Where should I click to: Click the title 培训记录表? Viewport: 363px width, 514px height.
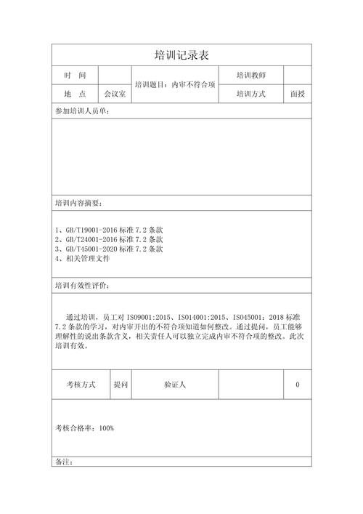click(x=181, y=55)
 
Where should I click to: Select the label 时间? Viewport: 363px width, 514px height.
click(x=75, y=76)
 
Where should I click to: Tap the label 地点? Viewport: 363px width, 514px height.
click(x=75, y=95)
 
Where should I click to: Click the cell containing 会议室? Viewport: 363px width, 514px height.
click(x=115, y=95)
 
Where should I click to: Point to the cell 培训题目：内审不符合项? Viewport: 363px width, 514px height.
click(x=174, y=85)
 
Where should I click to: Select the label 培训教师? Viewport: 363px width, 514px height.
click(x=250, y=76)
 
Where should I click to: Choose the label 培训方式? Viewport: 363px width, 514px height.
click(x=250, y=95)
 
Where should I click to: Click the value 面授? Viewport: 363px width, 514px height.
click(x=297, y=95)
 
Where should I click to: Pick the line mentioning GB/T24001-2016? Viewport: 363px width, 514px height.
click(x=109, y=239)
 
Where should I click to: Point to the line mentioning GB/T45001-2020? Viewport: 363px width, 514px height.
click(x=109, y=249)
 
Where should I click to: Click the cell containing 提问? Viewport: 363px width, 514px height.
click(x=120, y=385)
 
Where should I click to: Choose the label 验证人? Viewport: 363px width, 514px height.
click(x=175, y=385)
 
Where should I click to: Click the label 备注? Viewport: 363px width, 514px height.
click(x=64, y=462)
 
